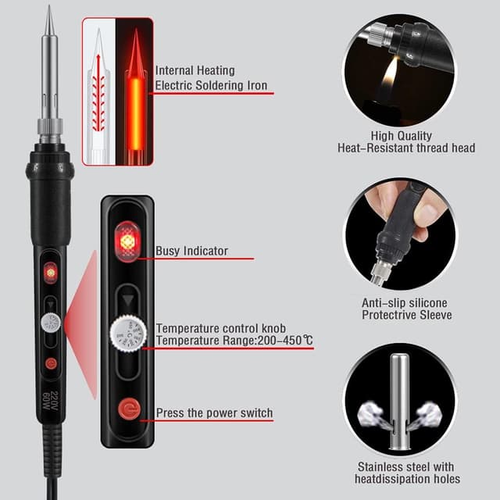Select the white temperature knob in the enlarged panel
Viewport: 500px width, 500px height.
click(127, 336)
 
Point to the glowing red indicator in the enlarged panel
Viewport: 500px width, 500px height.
click(127, 241)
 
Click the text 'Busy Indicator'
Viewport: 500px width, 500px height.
click(191, 252)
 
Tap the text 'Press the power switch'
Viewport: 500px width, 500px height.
click(214, 412)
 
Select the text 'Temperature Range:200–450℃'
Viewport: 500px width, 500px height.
click(234, 341)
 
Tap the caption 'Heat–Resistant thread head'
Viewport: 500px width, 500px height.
click(405, 148)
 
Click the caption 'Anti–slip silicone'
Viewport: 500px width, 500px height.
click(405, 302)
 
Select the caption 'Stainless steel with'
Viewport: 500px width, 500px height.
click(405, 466)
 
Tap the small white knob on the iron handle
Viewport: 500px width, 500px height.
click(51, 323)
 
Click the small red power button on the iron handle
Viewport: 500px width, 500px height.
click(51, 362)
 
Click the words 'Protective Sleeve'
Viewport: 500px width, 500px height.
click(406, 315)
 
